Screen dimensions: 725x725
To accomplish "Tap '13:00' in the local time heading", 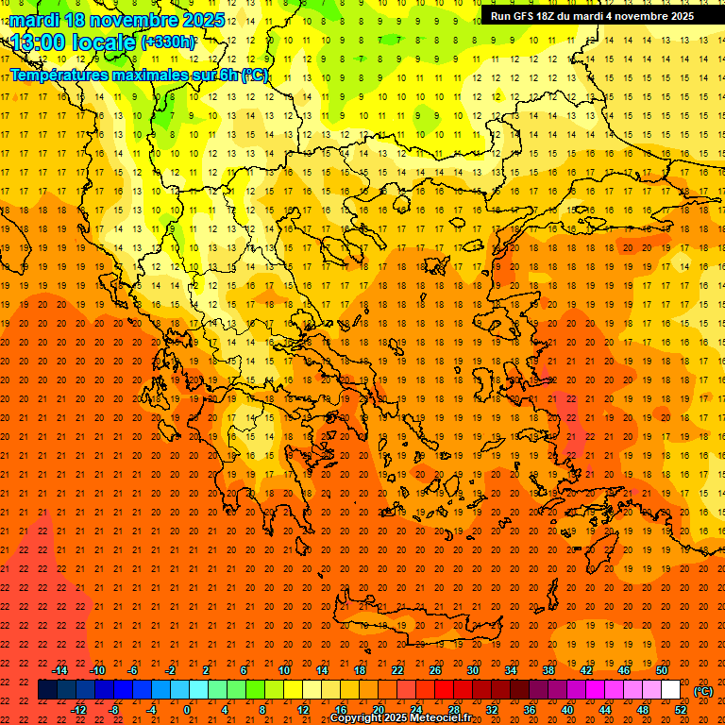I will coord(38,42).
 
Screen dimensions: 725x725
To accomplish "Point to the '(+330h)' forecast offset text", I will coord(169,42).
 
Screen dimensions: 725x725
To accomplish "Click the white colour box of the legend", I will coord(670,690).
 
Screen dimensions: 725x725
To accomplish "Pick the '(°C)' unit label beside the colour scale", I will coord(703,691).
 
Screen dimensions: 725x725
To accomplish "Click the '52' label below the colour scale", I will coord(681,710).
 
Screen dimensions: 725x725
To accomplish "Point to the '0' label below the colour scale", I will coord(188,710).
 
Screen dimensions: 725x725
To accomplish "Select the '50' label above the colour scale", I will coord(662,670).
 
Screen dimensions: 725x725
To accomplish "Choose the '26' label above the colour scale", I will coord(435,670).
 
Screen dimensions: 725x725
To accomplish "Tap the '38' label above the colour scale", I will coord(548,670).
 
